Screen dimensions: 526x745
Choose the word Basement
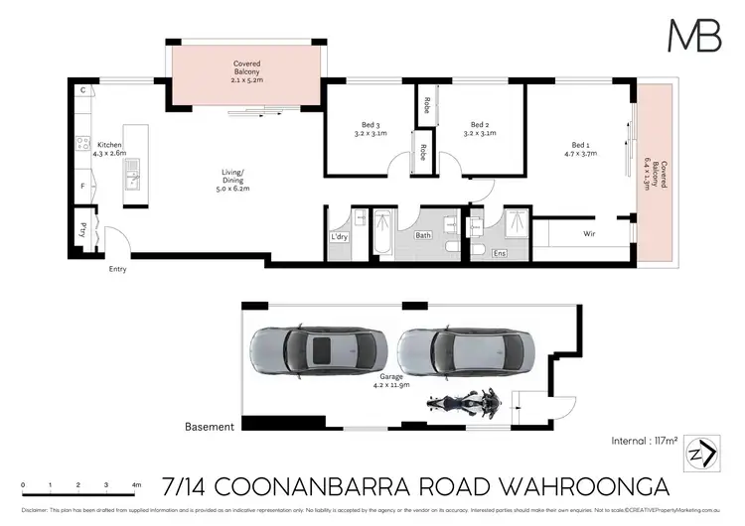pos(210,427)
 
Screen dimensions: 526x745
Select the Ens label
pos(501,254)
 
